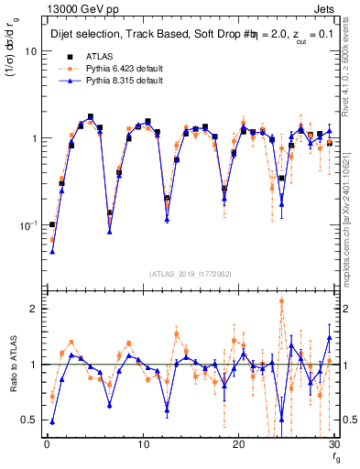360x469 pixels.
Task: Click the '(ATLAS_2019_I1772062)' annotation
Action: [191, 274]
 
